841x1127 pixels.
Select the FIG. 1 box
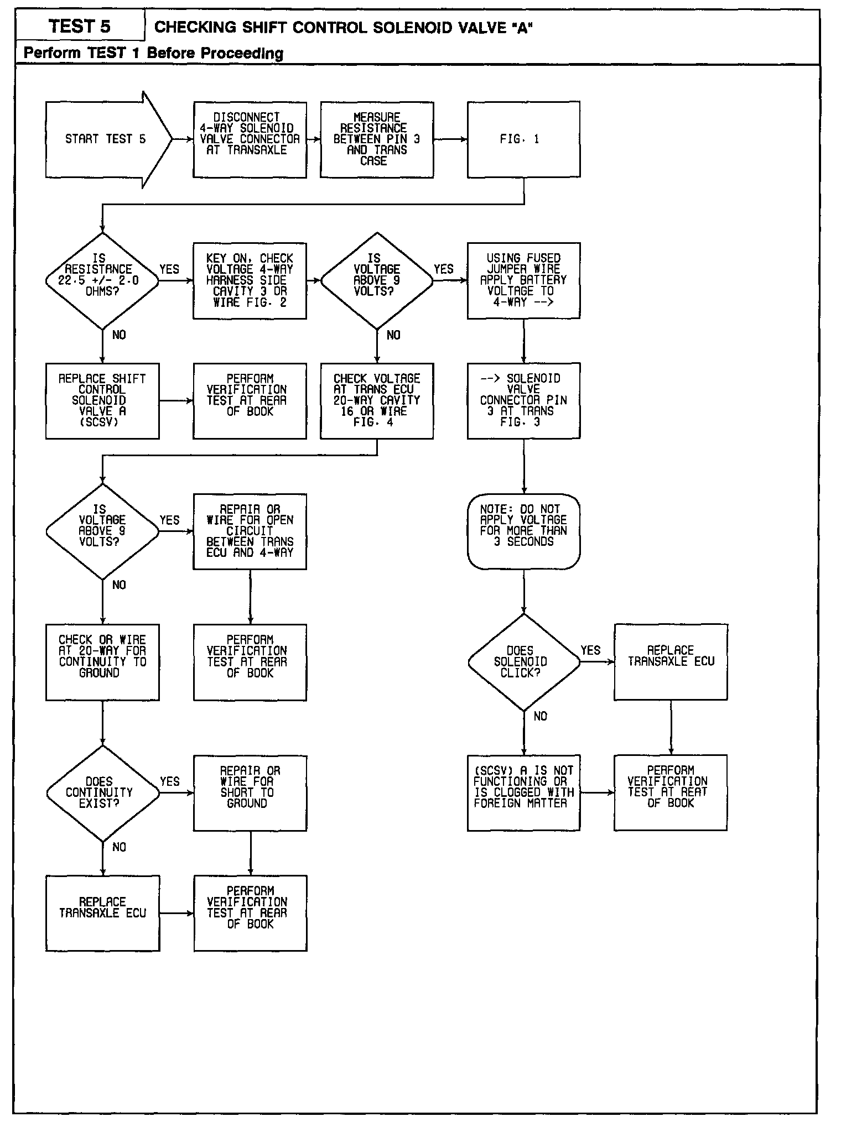(523, 139)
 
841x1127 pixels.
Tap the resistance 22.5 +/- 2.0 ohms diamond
(102, 281)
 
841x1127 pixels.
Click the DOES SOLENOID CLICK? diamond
(523, 662)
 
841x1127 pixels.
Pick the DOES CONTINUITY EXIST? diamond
(102, 793)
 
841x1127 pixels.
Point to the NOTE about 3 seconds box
(523, 531)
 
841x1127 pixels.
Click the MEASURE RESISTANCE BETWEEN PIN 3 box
(377, 139)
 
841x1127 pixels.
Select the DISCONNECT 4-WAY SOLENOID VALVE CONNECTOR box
(250, 139)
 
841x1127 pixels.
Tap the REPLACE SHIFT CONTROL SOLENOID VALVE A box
(102, 400)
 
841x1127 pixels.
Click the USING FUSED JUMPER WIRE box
(523, 280)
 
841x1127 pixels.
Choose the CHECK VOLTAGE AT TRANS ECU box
(377, 400)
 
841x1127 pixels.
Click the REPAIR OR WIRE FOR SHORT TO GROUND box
(250, 793)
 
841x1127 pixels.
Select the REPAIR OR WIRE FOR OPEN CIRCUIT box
(250, 531)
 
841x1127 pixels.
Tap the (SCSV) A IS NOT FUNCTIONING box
(523, 792)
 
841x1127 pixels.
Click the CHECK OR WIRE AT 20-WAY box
(102, 662)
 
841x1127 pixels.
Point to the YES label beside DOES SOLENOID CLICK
(590, 650)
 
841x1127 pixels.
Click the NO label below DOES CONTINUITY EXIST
(119, 847)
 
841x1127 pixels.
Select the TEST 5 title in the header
(80, 27)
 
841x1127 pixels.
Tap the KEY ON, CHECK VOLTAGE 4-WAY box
(250, 280)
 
